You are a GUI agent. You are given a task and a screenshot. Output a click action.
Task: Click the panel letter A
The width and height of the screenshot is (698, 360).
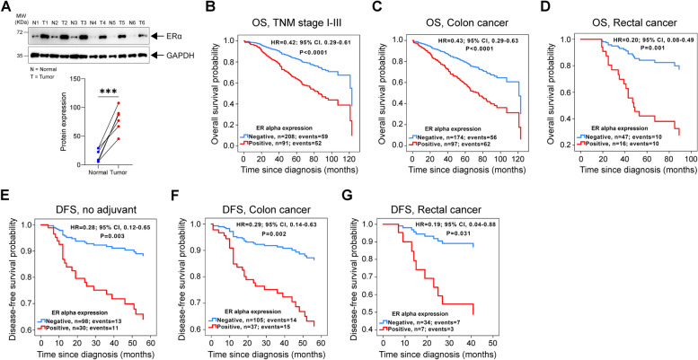(7, 8)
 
